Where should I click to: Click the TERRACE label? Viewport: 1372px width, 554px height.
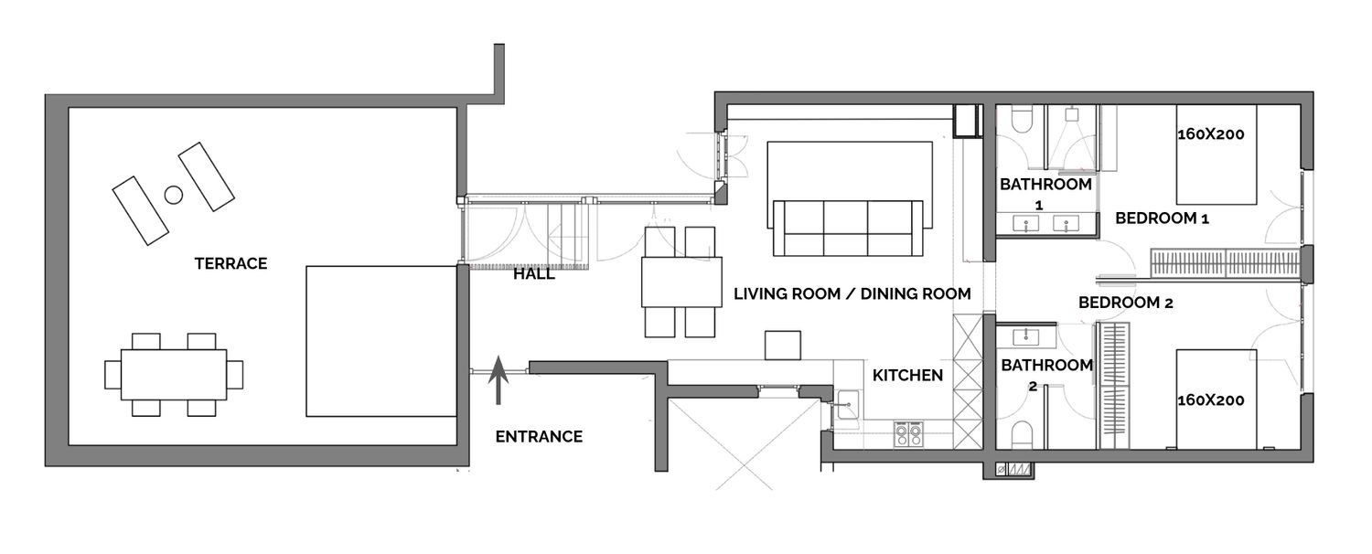coord(230,263)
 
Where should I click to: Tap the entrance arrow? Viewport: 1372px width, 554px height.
coord(498,380)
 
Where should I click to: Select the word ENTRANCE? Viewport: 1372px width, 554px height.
coord(539,436)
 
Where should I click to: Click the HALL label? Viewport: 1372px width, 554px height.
coord(534,274)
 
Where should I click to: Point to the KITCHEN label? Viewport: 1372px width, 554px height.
coord(907,375)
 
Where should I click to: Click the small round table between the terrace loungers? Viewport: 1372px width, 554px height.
coord(174,195)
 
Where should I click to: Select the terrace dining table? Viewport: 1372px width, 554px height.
coord(174,375)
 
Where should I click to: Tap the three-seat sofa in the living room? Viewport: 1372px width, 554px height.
coord(848,228)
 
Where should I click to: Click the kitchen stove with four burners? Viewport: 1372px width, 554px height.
coord(909,434)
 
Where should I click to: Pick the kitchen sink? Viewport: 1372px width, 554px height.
coord(846,405)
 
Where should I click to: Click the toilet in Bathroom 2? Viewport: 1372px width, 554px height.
coord(1023,434)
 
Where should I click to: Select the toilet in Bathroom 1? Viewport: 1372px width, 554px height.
coord(1022,119)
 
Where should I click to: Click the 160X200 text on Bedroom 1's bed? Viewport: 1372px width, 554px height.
coord(1211,134)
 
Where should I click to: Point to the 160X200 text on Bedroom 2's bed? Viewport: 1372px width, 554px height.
coord(1211,400)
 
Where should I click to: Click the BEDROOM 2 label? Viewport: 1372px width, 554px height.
coord(1126,303)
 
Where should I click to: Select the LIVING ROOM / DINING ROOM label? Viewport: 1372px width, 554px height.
coord(852,293)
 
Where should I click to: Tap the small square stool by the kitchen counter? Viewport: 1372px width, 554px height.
coord(783,346)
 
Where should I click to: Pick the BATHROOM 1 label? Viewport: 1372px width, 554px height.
coord(1045,194)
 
